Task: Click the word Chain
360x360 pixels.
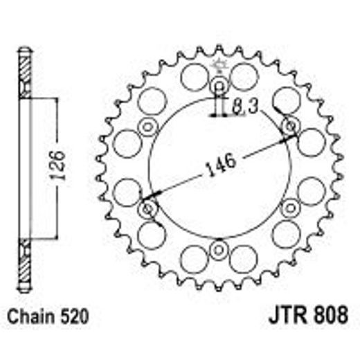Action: [x=33, y=319]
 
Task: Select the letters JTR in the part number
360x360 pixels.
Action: [x=280, y=319]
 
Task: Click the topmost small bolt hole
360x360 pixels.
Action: [x=219, y=87]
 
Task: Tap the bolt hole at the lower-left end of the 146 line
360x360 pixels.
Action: [x=147, y=208]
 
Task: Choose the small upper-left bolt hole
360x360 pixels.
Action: [x=147, y=127]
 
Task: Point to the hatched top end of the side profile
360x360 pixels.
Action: [x=25, y=72]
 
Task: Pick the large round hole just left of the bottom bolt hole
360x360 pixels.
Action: [x=193, y=258]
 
